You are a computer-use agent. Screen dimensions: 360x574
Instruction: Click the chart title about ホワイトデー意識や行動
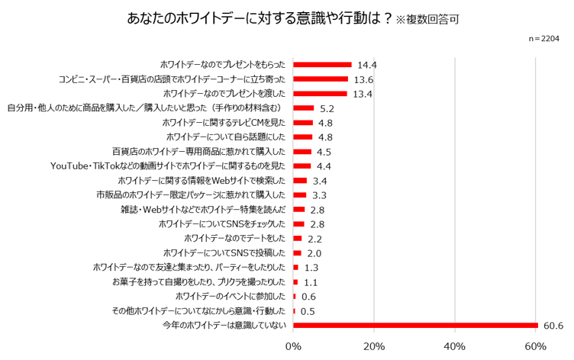260,18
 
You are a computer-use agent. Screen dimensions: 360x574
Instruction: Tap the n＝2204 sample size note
543,37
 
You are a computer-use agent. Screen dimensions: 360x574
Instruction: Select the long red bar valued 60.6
415,326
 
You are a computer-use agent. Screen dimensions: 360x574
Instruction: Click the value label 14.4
368,65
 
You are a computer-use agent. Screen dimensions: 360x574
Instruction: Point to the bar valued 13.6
321,79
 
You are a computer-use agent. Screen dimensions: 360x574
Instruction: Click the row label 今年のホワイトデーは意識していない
224,326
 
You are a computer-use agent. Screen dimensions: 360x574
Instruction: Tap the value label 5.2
327,108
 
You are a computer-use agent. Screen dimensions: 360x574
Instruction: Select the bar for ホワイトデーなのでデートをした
298,239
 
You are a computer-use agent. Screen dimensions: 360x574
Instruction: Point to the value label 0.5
308,311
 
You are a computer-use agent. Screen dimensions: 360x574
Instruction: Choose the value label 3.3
320,195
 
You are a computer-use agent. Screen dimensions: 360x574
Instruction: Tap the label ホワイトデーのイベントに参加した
231,297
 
